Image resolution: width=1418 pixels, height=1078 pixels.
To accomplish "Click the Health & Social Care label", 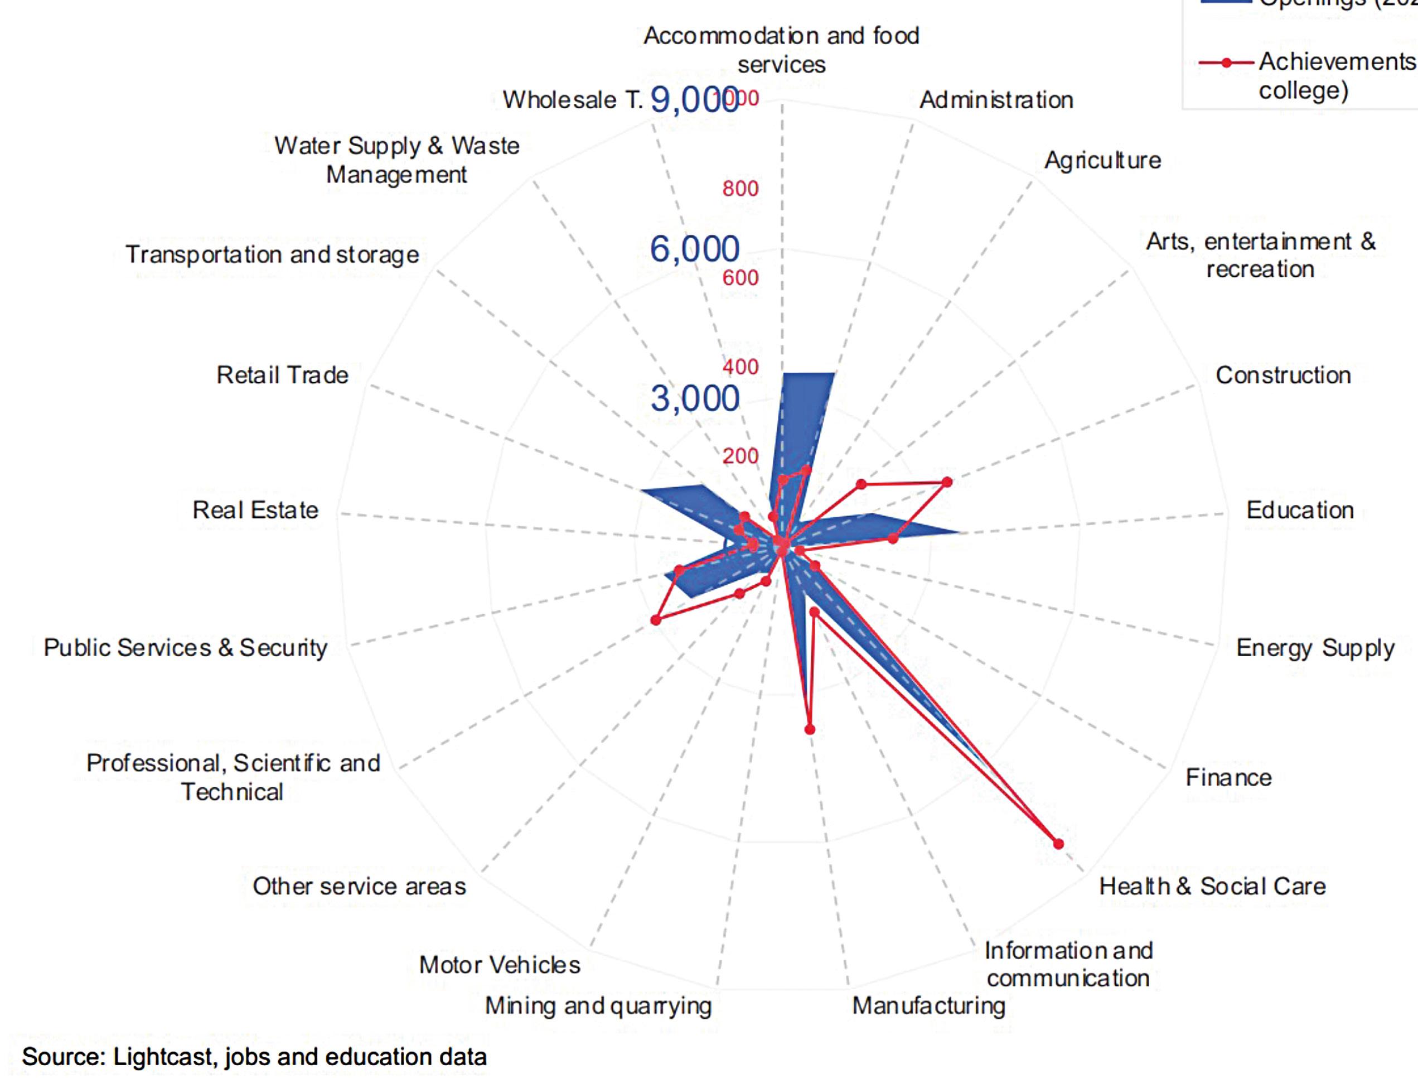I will [x=1212, y=886].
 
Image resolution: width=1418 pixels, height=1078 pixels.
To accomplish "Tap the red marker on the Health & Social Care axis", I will [x=1058, y=844].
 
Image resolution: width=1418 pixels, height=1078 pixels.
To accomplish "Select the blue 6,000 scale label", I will [x=695, y=249].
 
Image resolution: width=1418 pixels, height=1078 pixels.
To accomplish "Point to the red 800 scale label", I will [x=740, y=189].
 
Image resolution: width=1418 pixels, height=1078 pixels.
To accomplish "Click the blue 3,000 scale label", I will [x=695, y=398].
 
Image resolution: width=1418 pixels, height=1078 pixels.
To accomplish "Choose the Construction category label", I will [x=1283, y=376].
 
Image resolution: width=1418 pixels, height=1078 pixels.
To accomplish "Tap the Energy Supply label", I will [x=1315, y=648].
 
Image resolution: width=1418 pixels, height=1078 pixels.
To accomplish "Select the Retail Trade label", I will [x=282, y=376].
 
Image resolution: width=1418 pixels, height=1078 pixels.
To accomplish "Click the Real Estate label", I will [x=255, y=510].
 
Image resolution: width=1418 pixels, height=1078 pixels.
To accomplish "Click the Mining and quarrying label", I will [x=598, y=1006].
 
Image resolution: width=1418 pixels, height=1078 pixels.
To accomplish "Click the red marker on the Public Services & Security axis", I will [x=655, y=620].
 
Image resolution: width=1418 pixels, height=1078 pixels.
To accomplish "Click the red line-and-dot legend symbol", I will [x=1226, y=63].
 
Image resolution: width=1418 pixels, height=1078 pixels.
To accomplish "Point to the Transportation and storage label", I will [x=272, y=255].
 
